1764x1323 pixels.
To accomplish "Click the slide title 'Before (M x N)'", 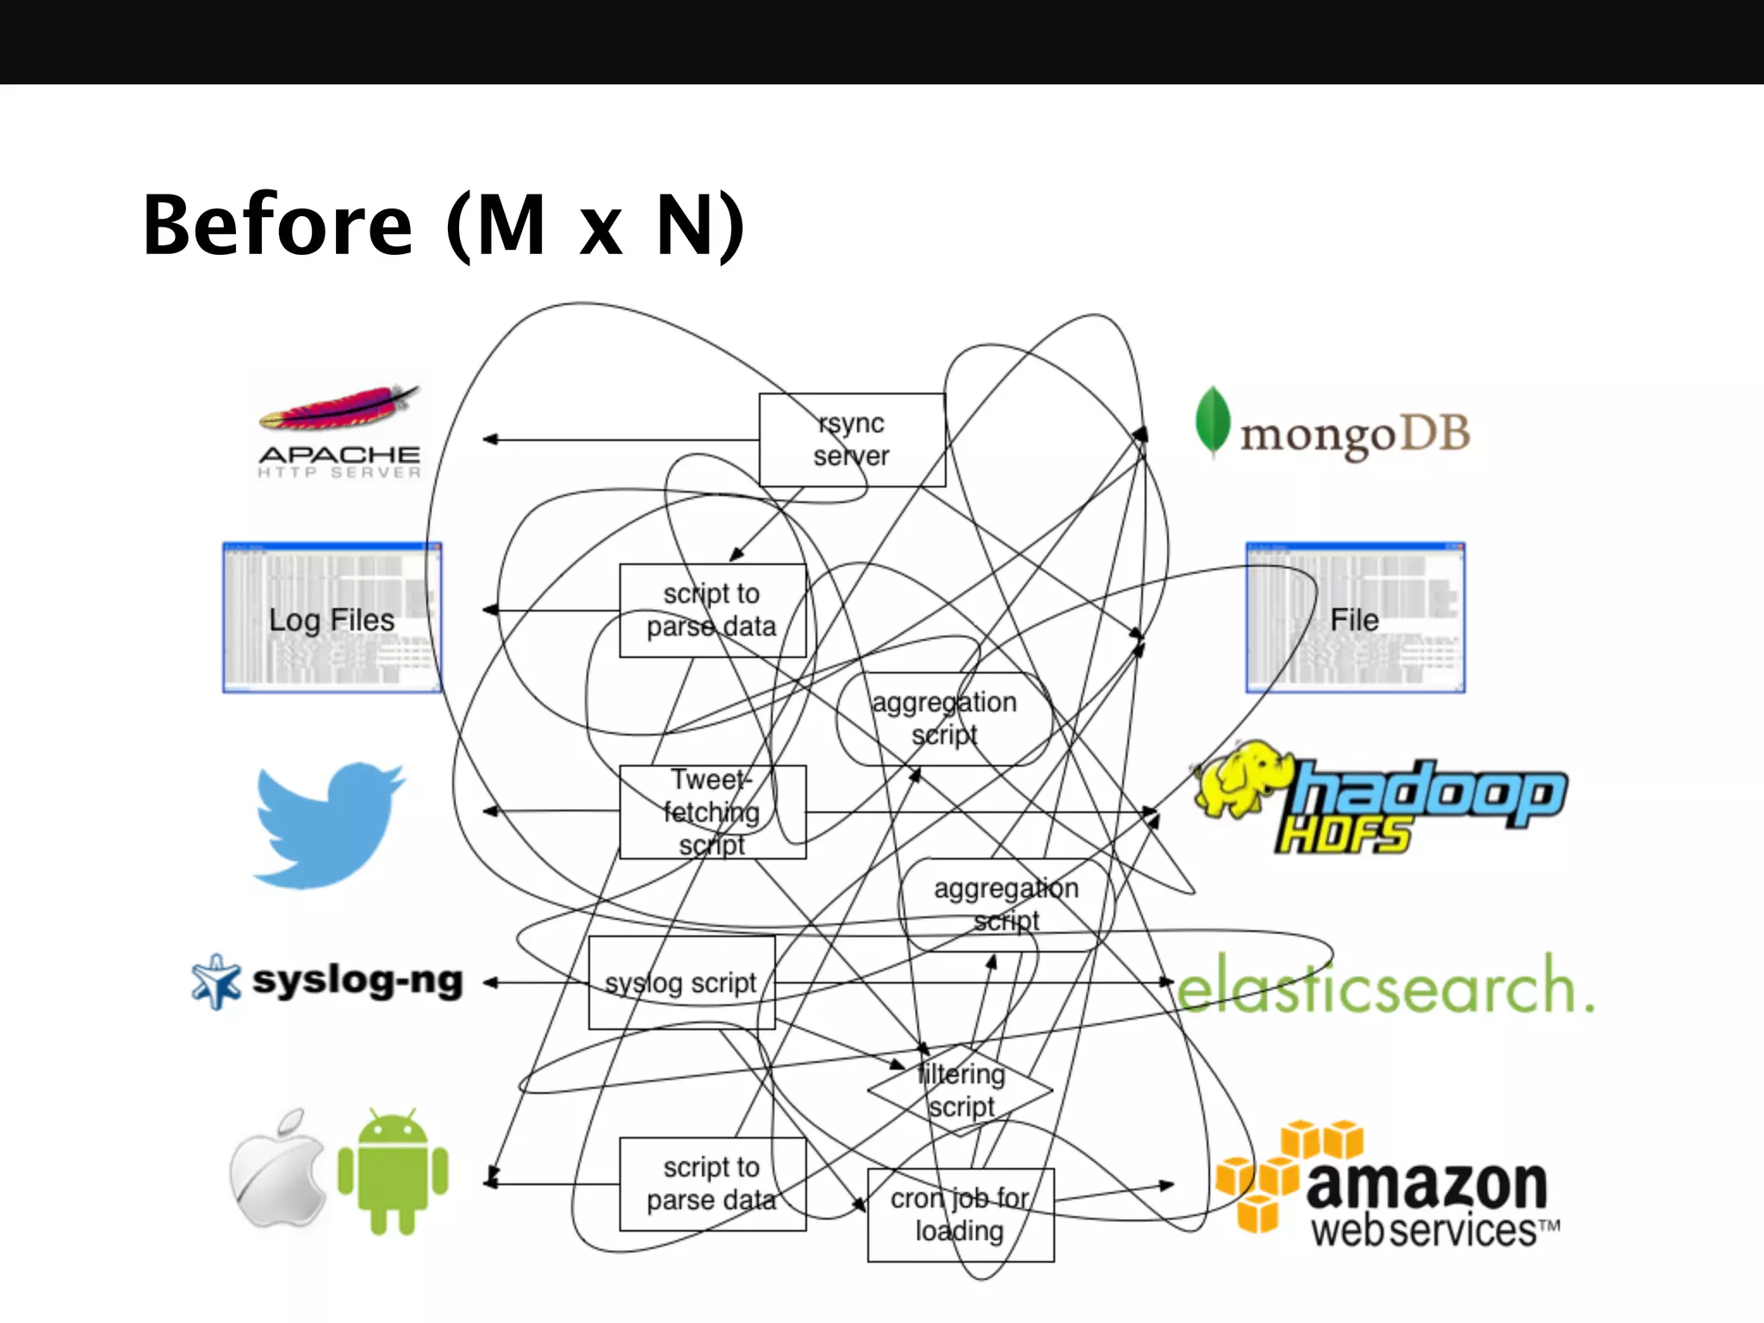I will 444,226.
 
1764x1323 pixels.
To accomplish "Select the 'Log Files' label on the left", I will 332,620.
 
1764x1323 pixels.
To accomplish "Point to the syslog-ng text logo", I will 357,981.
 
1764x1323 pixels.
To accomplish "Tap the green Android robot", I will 393,1171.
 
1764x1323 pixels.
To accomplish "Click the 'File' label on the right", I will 1354,620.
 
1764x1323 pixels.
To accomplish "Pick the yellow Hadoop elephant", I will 1241,779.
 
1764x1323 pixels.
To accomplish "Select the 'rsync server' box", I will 852,440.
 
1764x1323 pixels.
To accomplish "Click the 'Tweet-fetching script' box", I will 712,812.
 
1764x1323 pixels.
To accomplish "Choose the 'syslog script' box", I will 681,983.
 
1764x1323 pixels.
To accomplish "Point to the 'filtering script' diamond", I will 960,1090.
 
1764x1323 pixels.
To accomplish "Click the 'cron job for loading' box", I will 960,1215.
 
